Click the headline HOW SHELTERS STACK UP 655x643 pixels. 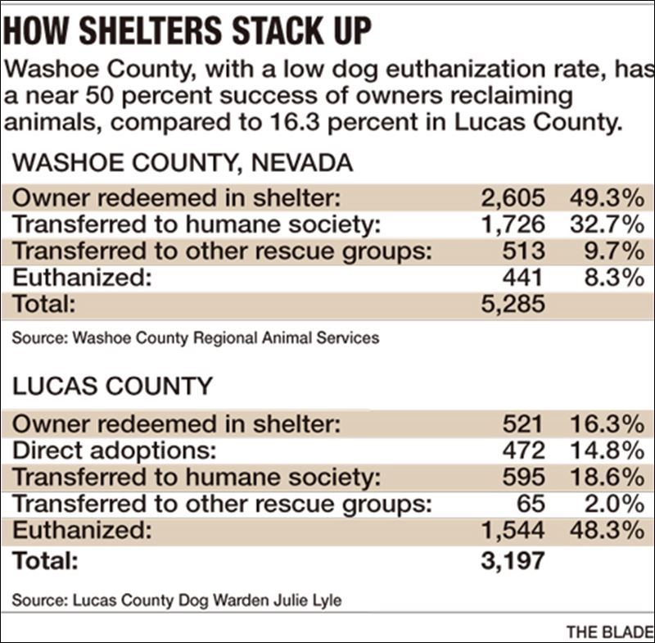pos(188,31)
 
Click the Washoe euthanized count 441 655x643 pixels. pos(524,278)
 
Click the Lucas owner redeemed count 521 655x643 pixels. pos(524,423)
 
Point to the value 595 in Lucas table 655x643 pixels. pos(524,477)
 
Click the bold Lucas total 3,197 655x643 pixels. pos(513,562)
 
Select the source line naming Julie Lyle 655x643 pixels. pos(177,600)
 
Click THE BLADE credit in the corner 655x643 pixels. pos(608,632)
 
